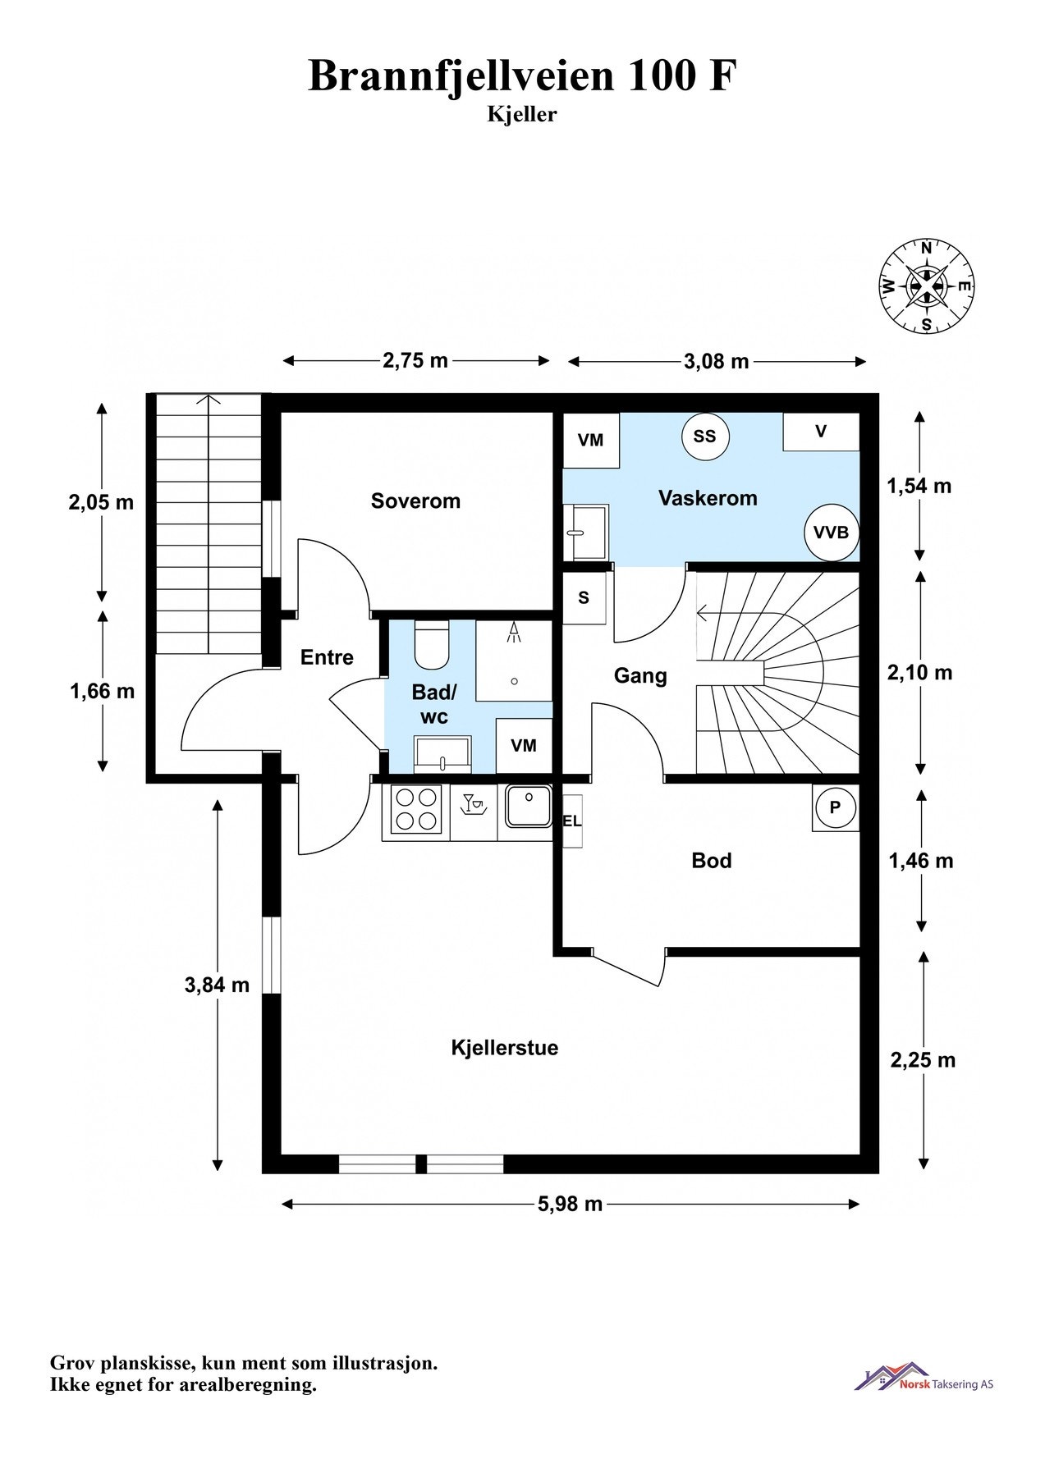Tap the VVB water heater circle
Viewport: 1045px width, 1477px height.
831,532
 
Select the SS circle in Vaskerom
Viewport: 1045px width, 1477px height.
704,436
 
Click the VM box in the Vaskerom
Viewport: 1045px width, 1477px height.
590,440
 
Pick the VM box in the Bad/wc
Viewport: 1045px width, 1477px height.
524,745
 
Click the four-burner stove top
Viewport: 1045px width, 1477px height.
415,810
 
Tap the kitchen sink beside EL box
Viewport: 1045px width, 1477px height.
528,807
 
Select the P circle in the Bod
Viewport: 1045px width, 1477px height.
835,807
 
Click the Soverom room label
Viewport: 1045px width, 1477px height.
415,501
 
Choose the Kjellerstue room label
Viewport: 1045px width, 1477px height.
505,1048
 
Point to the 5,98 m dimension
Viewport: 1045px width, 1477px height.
571,1204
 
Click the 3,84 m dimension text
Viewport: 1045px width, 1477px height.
217,984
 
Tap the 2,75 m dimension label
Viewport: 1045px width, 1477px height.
415,359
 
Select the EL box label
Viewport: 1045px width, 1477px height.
571,821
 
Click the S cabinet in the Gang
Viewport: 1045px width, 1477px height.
584,597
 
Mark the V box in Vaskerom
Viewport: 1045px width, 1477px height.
821,432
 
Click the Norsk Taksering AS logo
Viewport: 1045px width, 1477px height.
924,1377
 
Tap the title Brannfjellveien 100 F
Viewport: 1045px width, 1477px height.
522,75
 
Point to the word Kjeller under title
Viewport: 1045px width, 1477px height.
522,115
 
